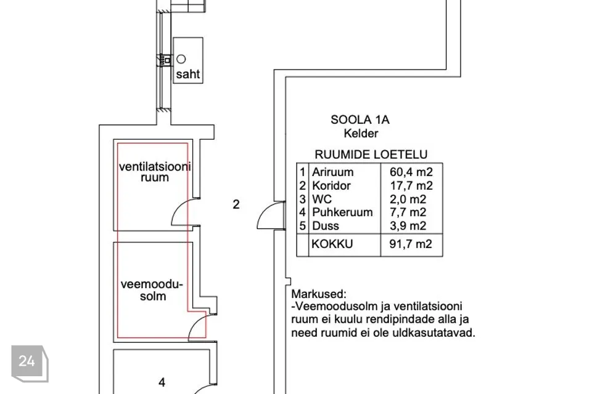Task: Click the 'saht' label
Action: [188, 74]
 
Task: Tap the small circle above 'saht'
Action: [181, 58]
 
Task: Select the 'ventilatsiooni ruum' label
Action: [155, 172]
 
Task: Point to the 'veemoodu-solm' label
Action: [152, 290]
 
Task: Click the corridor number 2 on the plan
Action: [236, 204]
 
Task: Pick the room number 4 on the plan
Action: [162, 382]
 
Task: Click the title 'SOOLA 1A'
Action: [360, 120]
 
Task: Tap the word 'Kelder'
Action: [361, 133]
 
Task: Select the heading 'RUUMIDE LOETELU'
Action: [371, 155]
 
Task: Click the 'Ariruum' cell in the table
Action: [332, 172]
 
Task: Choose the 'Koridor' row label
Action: [331, 185]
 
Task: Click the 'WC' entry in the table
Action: [321, 199]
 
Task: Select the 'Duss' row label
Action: [325, 225]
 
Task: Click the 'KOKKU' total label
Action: [332, 244]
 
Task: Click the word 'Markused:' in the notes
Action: [319, 294]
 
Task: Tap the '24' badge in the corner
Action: [27, 361]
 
